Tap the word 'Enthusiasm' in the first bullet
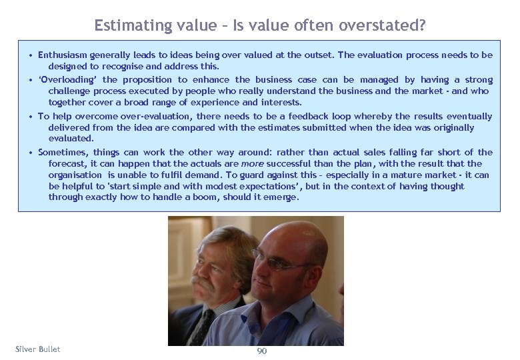[x=65, y=55]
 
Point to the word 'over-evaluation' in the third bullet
[x=147, y=117]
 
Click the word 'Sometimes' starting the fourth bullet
[x=63, y=153]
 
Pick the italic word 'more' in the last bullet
[x=252, y=163]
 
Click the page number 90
[x=261, y=351]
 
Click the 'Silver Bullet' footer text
[x=37, y=349]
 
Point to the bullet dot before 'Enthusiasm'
[x=31, y=55]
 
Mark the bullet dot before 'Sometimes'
[x=31, y=153]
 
